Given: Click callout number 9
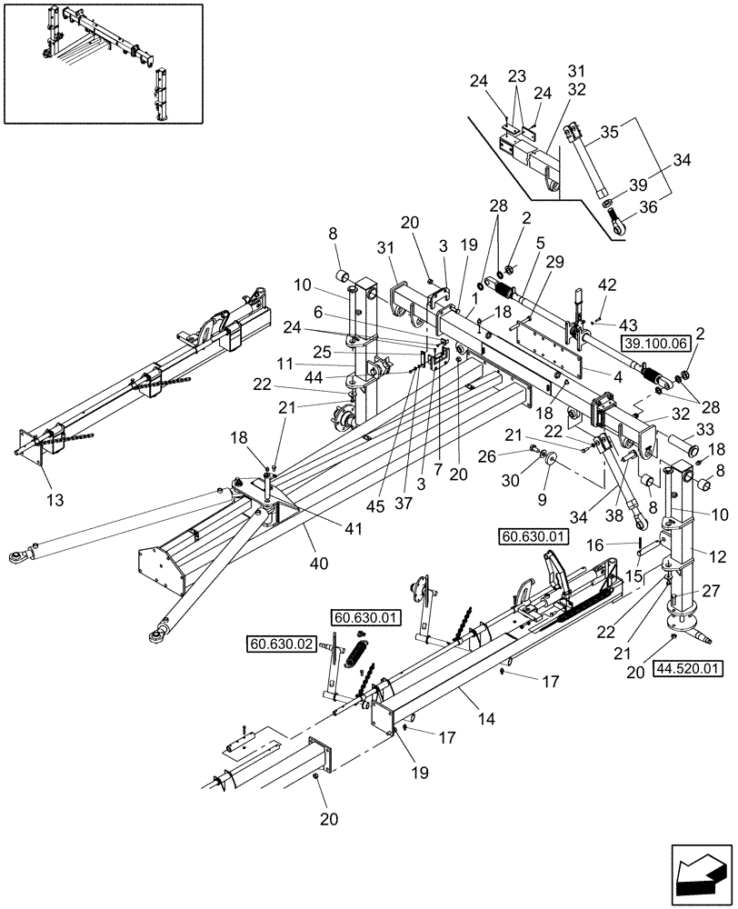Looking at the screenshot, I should click(544, 499).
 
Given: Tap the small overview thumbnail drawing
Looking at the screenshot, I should click(97, 65).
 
